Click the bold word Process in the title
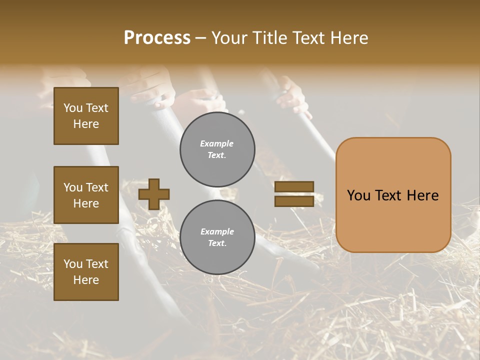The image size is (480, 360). [157, 38]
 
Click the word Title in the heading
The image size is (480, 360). [267, 38]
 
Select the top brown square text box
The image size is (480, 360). [86, 116]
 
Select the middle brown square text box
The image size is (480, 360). [86, 195]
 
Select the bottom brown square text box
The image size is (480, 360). [86, 272]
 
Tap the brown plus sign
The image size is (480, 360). [154, 194]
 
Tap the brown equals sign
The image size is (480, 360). [294, 194]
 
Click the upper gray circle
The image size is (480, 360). [217, 149]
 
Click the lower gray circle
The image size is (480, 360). [217, 237]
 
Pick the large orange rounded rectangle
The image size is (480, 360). [393, 195]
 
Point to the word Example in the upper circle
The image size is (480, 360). [216, 143]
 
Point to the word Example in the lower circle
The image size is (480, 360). [217, 231]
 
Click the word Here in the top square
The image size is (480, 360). [86, 124]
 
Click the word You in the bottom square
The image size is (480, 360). [73, 264]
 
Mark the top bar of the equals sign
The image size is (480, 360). [294, 187]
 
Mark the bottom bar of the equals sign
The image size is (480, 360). [294, 201]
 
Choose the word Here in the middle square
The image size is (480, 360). [86, 203]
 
